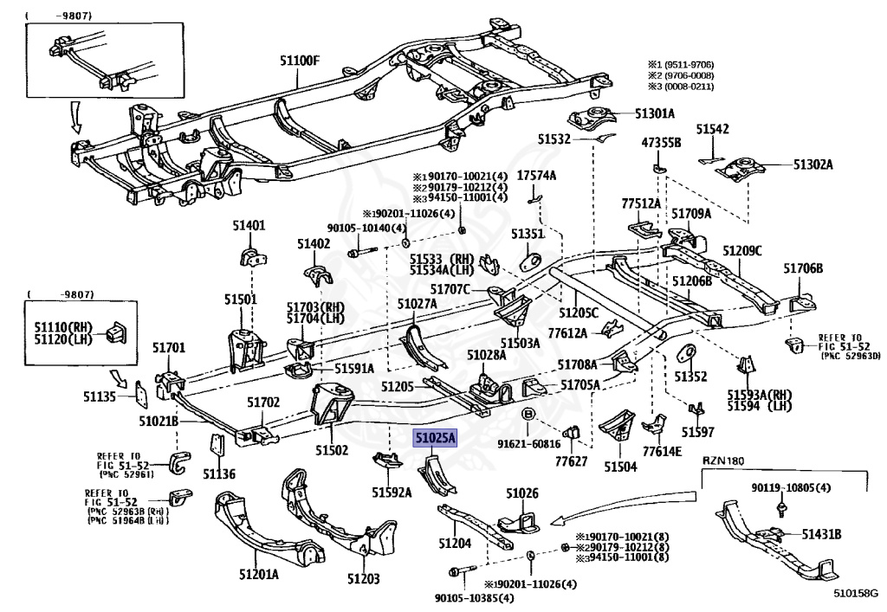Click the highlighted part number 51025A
[434, 440]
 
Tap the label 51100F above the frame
[300, 61]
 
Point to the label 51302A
[810, 164]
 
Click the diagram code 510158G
[855, 594]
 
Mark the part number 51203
[364, 578]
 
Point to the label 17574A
[537, 176]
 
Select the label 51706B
[803, 268]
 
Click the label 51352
[692, 377]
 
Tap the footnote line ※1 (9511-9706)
[688, 64]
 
